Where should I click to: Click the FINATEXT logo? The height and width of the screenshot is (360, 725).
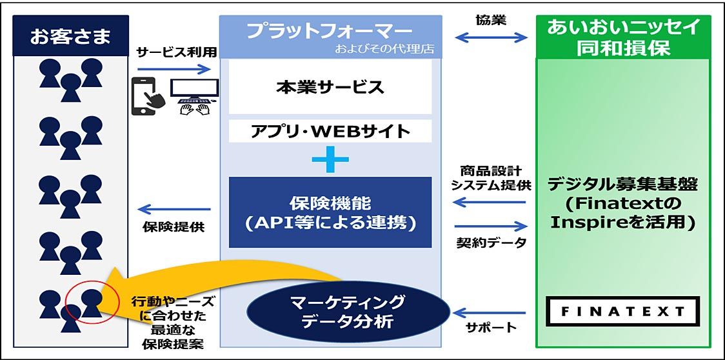621,312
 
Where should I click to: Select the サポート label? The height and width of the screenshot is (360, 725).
492,328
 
